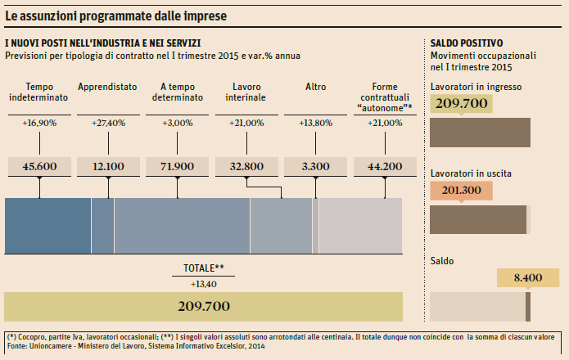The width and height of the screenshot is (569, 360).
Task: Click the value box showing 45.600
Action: click(39, 166)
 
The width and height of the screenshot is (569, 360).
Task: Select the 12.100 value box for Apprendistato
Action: click(108, 166)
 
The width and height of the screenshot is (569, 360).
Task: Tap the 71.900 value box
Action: click(177, 166)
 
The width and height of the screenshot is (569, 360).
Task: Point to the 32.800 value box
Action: click(246, 166)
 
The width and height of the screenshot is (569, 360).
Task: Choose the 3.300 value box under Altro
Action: click(315, 166)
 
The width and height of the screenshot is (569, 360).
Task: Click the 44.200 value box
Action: click(384, 166)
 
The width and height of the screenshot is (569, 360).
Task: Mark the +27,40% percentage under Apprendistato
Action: click(108, 123)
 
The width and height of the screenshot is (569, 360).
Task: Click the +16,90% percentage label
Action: click(39, 123)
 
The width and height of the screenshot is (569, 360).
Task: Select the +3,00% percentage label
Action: click(177, 123)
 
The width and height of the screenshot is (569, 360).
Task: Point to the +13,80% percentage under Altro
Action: click(315, 123)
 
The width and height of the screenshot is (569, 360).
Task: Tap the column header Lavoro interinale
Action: click(246, 92)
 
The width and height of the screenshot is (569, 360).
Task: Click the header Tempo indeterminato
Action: click(39, 92)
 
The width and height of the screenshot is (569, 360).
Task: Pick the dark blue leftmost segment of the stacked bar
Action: click(47, 226)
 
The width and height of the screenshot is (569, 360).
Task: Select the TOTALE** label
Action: click(203, 268)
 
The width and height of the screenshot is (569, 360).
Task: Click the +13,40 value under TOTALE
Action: click(203, 283)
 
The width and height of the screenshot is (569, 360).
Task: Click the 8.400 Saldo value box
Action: click(528, 277)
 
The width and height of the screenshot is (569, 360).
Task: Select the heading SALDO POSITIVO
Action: click(466, 43)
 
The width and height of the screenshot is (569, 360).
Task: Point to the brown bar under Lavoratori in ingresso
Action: click(479, 132)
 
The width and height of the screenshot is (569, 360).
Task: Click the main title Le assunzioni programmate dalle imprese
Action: click(116, 16)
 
